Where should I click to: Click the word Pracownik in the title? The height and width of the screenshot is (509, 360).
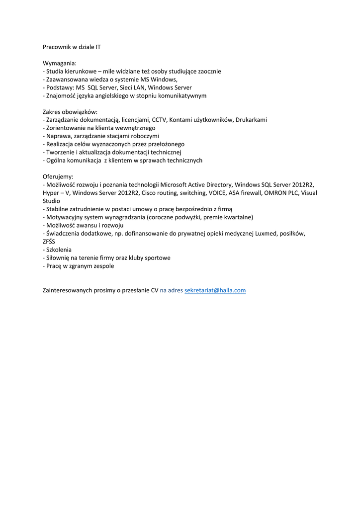pyautogui.click(x=57, y=47)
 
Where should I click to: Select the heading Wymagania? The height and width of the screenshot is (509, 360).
pyautogui.click(x=60, y=63)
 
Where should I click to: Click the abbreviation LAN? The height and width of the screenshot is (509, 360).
pyautogui.click(x=146, y=87)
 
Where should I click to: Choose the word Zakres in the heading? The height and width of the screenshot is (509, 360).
pyautogui.click(x=52, y=112)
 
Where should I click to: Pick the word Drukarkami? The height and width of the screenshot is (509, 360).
pyautogui.click(x=251, y=120)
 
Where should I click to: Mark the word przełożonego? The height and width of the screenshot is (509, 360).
pyautogui.click(x=165, y=144)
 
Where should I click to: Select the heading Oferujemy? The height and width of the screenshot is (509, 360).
pyautogui.click(x=58, y=176)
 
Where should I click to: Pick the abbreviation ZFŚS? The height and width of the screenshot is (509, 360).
pyautogui.click(x=49, y=241)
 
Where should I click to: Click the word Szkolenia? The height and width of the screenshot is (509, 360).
pyautogui.click(x=59, y=250)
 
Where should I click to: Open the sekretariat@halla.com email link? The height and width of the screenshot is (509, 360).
pyautogui.click(x=215, y=290)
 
